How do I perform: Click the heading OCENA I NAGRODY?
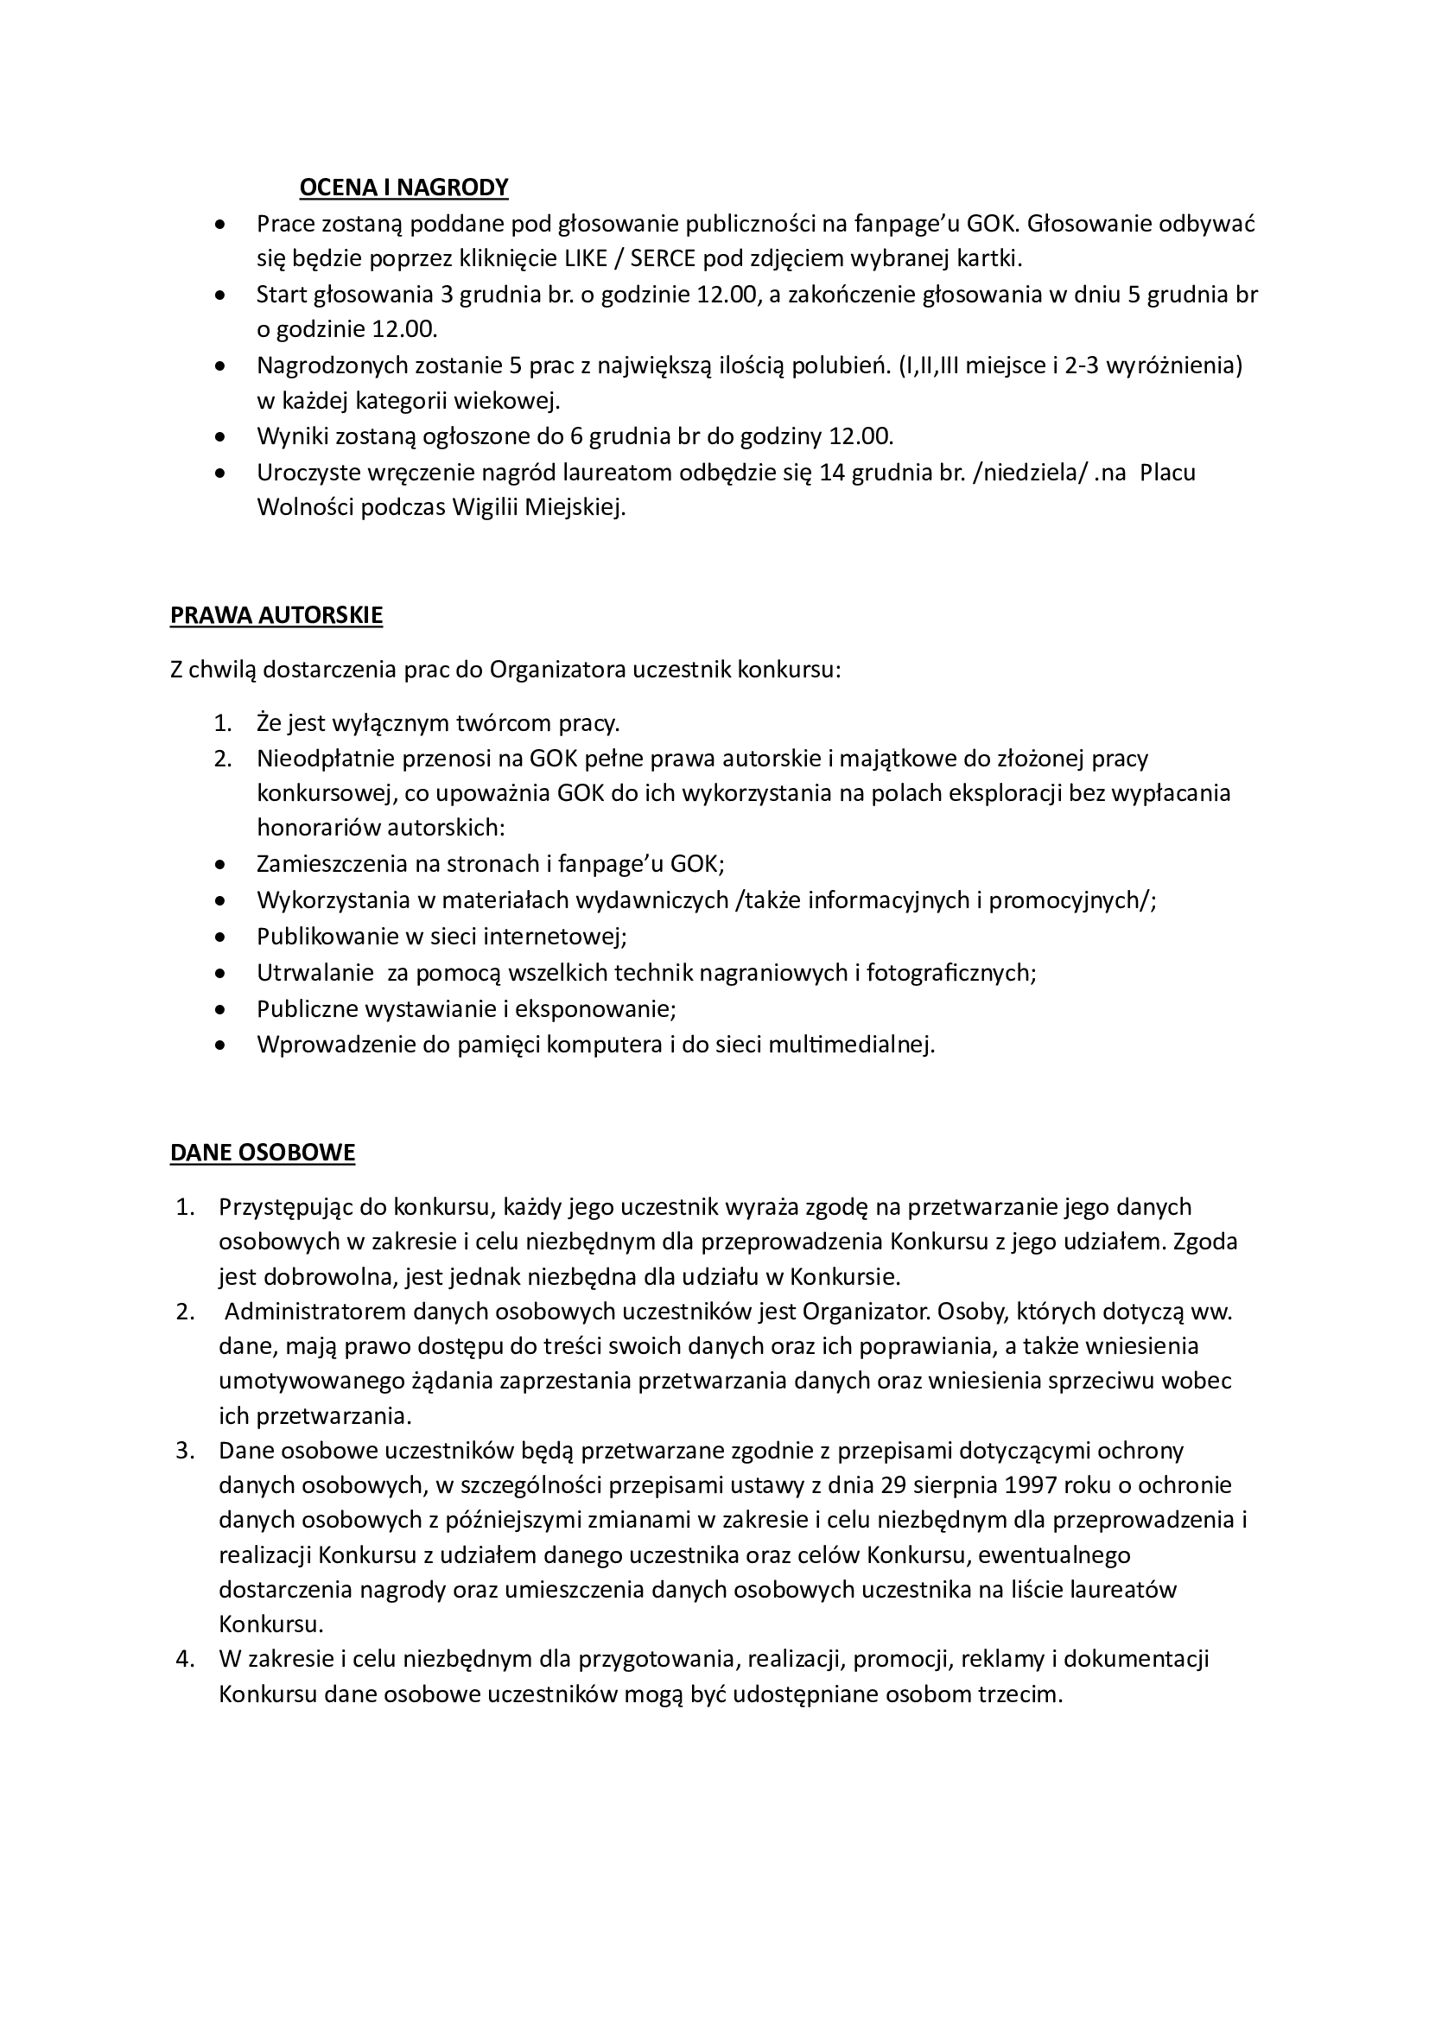(x=403, y=187)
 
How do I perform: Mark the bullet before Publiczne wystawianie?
(x=220, y=1008)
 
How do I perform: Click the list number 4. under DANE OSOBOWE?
(x=184, y=1658)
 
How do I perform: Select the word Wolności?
(x=305, y=508)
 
